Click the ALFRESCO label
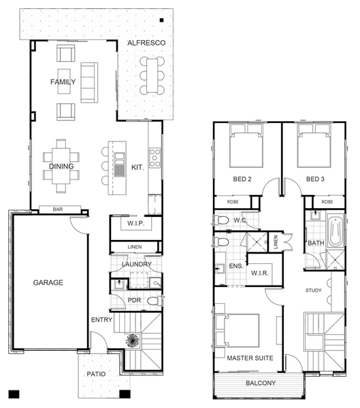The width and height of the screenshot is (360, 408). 146,43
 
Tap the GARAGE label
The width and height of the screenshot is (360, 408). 48,282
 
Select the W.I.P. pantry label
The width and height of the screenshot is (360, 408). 135,223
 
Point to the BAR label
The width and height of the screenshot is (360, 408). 58,209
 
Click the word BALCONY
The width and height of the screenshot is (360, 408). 261,383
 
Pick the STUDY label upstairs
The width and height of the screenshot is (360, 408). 313,290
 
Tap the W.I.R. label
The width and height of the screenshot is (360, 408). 259,273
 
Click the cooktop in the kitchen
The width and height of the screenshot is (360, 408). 154,158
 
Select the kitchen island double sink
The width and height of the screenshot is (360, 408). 120,165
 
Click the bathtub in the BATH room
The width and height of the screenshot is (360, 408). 336,231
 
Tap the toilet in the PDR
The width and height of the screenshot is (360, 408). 154,301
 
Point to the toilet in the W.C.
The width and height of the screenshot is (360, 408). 221,220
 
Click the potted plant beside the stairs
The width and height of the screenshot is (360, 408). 133,341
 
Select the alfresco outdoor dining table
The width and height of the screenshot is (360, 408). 152,75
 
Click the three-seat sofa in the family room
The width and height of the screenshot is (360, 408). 89,82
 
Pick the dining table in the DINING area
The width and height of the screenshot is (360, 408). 61,166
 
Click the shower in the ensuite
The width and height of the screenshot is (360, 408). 257,242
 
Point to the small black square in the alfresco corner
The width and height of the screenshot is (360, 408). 161,20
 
